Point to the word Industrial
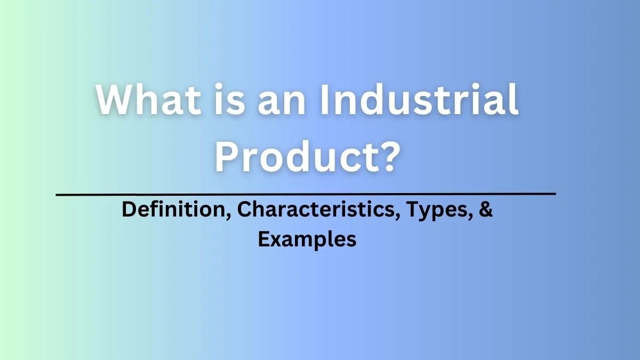[x=419, y=101]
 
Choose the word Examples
[x=307, y=239]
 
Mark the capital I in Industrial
[x=325, y=101]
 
